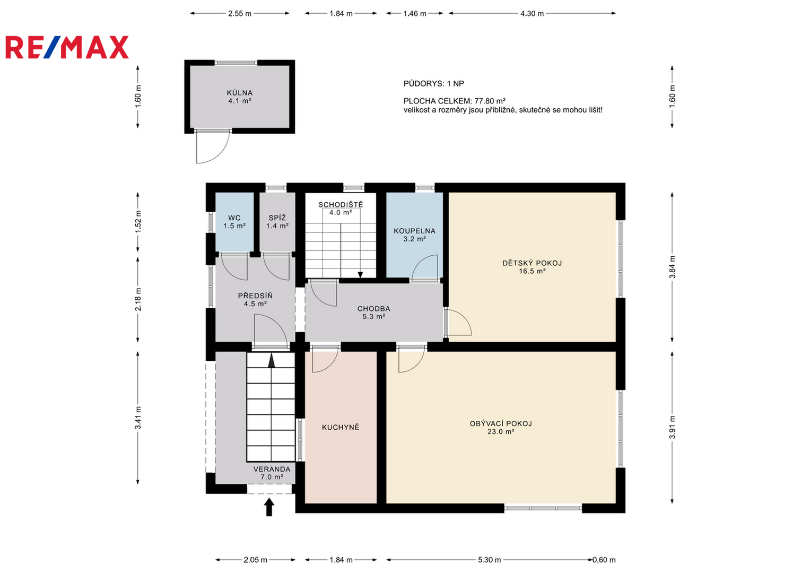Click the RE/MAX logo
(67, 47)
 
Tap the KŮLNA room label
(240, 93)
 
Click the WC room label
(234, 218)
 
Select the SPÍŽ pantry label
(277, 218)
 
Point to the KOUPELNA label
(414, 231)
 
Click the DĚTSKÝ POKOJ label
(532, 263)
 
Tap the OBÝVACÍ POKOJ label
(501, 423)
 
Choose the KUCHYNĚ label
(341, 428)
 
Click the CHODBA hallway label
(373, 309)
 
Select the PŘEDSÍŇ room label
(255, 296)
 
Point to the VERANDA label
(272, 469)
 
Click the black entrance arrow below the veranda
(269, 507)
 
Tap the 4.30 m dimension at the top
(532, 14)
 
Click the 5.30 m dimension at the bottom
(489, 560)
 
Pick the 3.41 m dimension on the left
(138, 418)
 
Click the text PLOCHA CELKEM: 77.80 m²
(454, 101)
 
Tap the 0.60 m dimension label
(604, 560)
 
